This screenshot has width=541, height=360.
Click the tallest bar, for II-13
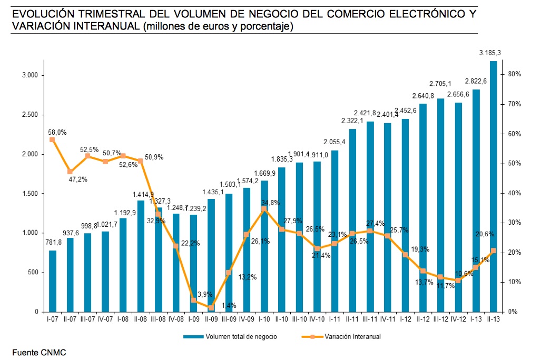[494, 186]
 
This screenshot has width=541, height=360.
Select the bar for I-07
[53, 281]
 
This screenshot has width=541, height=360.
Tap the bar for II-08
[141, 256]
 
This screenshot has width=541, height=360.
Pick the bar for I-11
[335, 231]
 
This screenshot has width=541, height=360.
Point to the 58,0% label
[57, 133]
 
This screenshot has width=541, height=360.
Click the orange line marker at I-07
[52, 139]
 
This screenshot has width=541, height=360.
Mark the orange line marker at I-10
[264, 209]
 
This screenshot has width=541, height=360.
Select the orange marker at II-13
[494, 251]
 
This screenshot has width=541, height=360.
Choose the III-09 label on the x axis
[228, 319]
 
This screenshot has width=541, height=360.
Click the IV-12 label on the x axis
[458, 319]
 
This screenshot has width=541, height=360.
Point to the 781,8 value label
[53, 242]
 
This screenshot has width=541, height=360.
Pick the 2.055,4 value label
[335, 142]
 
